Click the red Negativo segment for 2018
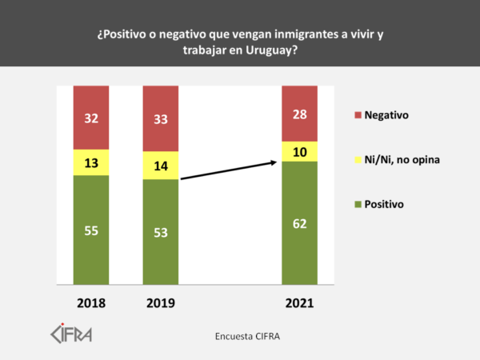click(x=90, y=117)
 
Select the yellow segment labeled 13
click(x=90, y=162)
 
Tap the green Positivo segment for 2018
click(x=90, y=230)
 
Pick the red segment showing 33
click(x=160, y=118)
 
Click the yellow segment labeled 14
click(x=160, y=165)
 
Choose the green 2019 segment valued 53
click(x=160, y=232)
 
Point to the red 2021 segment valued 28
click(x=299, y=113)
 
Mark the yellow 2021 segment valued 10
click(x=299, y=151)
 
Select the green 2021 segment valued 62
click(x=299, y=222)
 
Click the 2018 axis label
click(x=90, y=303)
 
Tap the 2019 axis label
click(x=160, y=303)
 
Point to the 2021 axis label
click(x=299, y=303)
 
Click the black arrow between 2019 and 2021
click(x=229, y=170)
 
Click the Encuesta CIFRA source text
click(x=246, y=335)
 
